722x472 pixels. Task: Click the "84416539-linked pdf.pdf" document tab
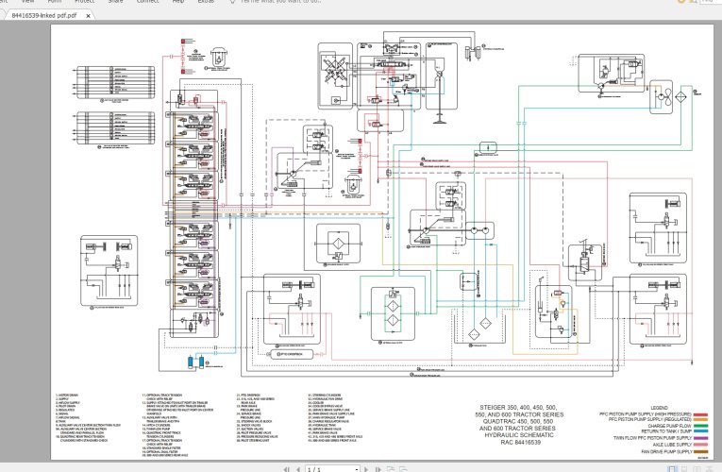pyautogui.click(x=42, y=18)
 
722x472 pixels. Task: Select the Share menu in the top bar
pyautogui.click(x=115, y=3)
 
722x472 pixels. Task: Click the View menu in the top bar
pyautogui.click(x=41, y=3)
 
